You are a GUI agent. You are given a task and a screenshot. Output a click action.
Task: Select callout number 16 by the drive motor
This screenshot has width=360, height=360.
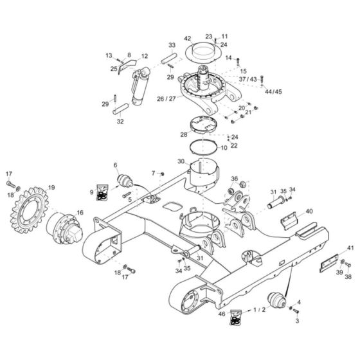[x=80, y=212]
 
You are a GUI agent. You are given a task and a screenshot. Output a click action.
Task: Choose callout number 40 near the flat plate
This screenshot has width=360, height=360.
[x=309, y=211]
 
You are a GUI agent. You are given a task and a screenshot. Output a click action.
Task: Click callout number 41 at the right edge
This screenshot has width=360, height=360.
[x=350, y=248]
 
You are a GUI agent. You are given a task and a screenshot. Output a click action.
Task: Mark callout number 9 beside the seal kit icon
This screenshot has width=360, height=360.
[x=91, y=192]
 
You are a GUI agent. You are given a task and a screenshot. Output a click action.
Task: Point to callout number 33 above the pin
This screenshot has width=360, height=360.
[x=172, y=45]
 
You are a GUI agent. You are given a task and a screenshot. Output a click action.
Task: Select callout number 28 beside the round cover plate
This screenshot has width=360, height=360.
[x=184, y=135]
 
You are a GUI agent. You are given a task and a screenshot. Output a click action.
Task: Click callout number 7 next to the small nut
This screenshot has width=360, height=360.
[x=153, y=174]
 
